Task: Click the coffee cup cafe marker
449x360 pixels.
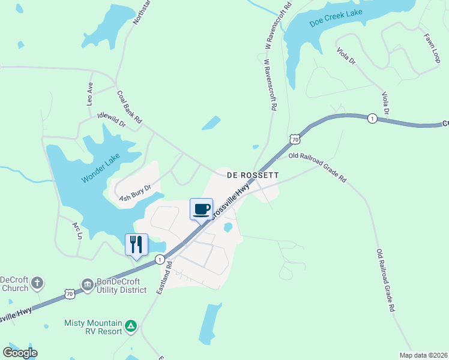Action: click(x=201, y=209)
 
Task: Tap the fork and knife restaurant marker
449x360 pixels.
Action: click(x=136, y=244)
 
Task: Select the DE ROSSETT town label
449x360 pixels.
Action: click(x=253, y=176)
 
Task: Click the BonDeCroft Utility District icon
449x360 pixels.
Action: click(x=88, y=284)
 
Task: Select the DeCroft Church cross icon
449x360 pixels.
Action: click(x=37, y=283)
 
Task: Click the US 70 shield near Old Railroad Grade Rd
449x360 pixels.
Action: click(x=294, y=139)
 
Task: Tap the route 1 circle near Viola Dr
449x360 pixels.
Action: click(x=373, y=118)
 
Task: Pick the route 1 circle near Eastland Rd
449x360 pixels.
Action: click(x=160, y=259)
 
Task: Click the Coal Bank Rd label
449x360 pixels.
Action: click(x=129, y=107)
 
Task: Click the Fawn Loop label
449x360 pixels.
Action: click(x=432, y=47)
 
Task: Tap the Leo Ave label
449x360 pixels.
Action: click(x=90, y=94)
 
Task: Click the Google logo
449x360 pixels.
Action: click(x=20, y=353)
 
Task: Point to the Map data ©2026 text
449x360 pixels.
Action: click(x=423, y=355)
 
